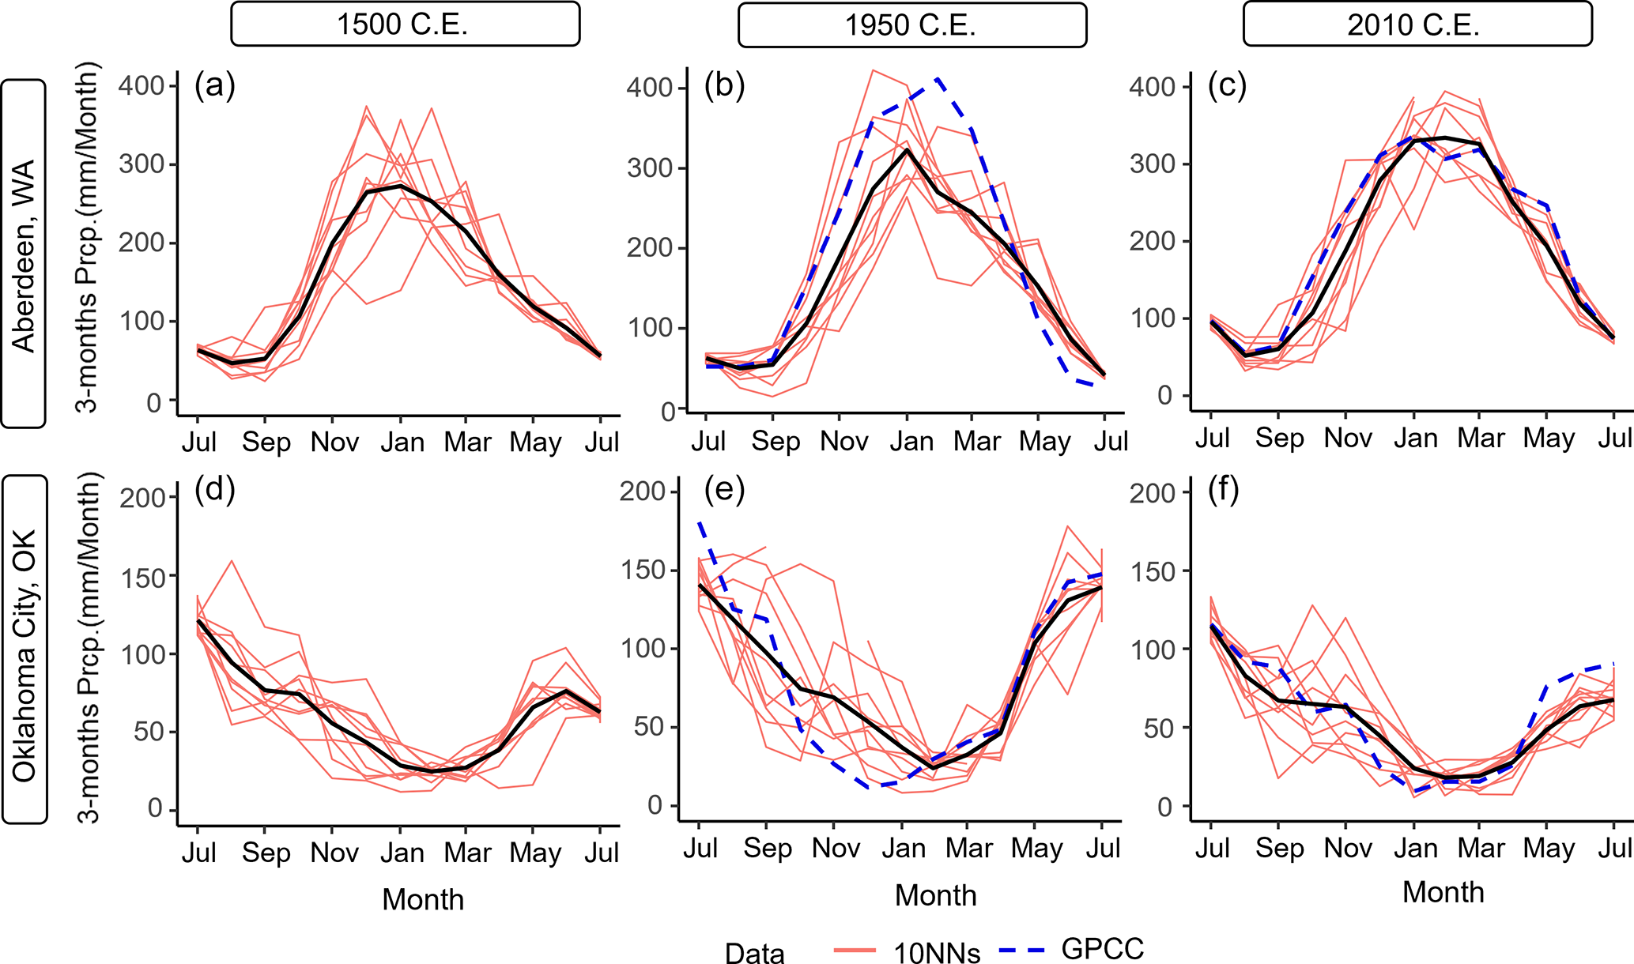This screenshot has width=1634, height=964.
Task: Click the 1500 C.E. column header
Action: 405,24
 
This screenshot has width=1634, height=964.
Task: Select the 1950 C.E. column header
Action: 911,24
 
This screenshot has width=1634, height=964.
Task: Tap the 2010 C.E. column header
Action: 1417,24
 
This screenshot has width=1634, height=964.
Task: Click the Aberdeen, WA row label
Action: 24,254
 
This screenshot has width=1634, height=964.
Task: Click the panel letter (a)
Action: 215,85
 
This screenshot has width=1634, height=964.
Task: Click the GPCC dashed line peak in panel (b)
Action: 938,79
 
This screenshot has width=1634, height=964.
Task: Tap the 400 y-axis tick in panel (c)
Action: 1153,86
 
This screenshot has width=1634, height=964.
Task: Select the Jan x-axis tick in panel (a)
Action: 402,442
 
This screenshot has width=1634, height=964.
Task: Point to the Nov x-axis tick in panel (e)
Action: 836,849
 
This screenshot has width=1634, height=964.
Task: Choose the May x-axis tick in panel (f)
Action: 1549,849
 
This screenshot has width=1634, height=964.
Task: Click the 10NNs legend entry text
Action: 937,953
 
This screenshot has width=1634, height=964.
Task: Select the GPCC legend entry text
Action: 1103,949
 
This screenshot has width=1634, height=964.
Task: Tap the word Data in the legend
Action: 754,953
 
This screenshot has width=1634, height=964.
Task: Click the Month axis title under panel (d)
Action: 423,899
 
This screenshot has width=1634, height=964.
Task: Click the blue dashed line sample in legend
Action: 1022,950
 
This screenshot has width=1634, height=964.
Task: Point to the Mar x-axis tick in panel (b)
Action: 977,441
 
